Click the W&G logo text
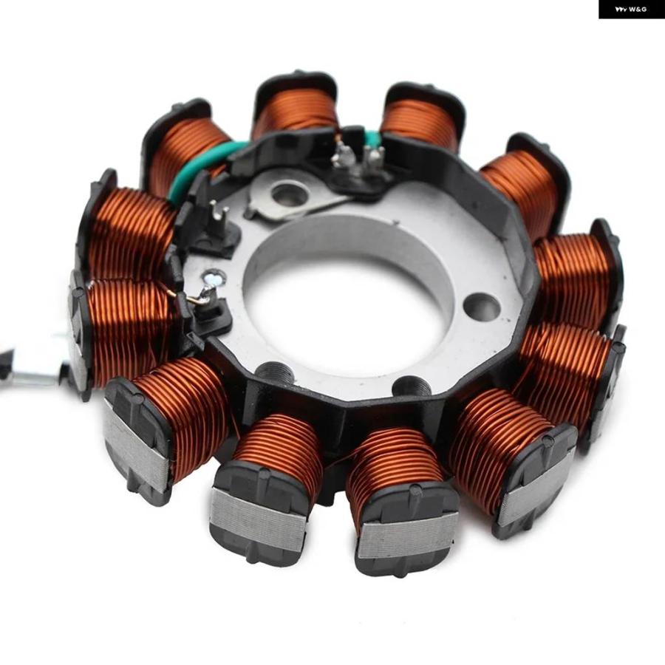(x=631, y=9)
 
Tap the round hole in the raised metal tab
(x=285, y=194)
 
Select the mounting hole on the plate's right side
(x=481, y=306)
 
